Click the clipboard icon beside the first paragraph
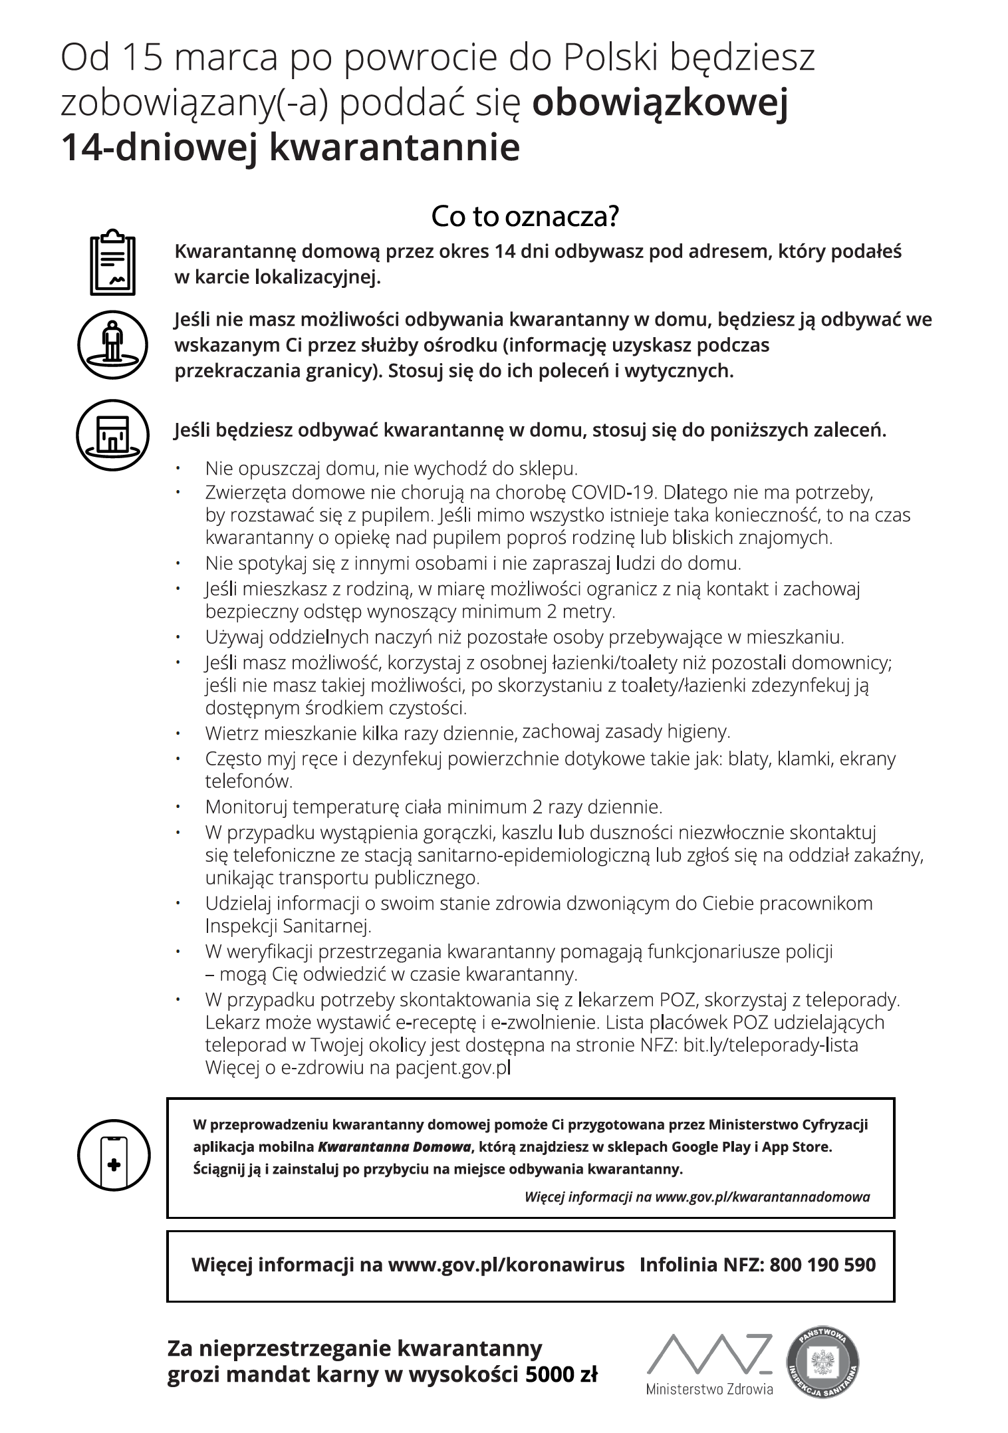pos(112,263)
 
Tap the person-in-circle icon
pos(112,344)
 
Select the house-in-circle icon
pos(112,435)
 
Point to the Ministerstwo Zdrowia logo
pos(709,1365)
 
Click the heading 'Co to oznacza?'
pos(525,217)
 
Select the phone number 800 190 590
pos(822,1264)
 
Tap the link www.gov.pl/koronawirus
pos(506,1264)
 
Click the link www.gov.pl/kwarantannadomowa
pos(763,1197)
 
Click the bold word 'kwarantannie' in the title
pos(394,147)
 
